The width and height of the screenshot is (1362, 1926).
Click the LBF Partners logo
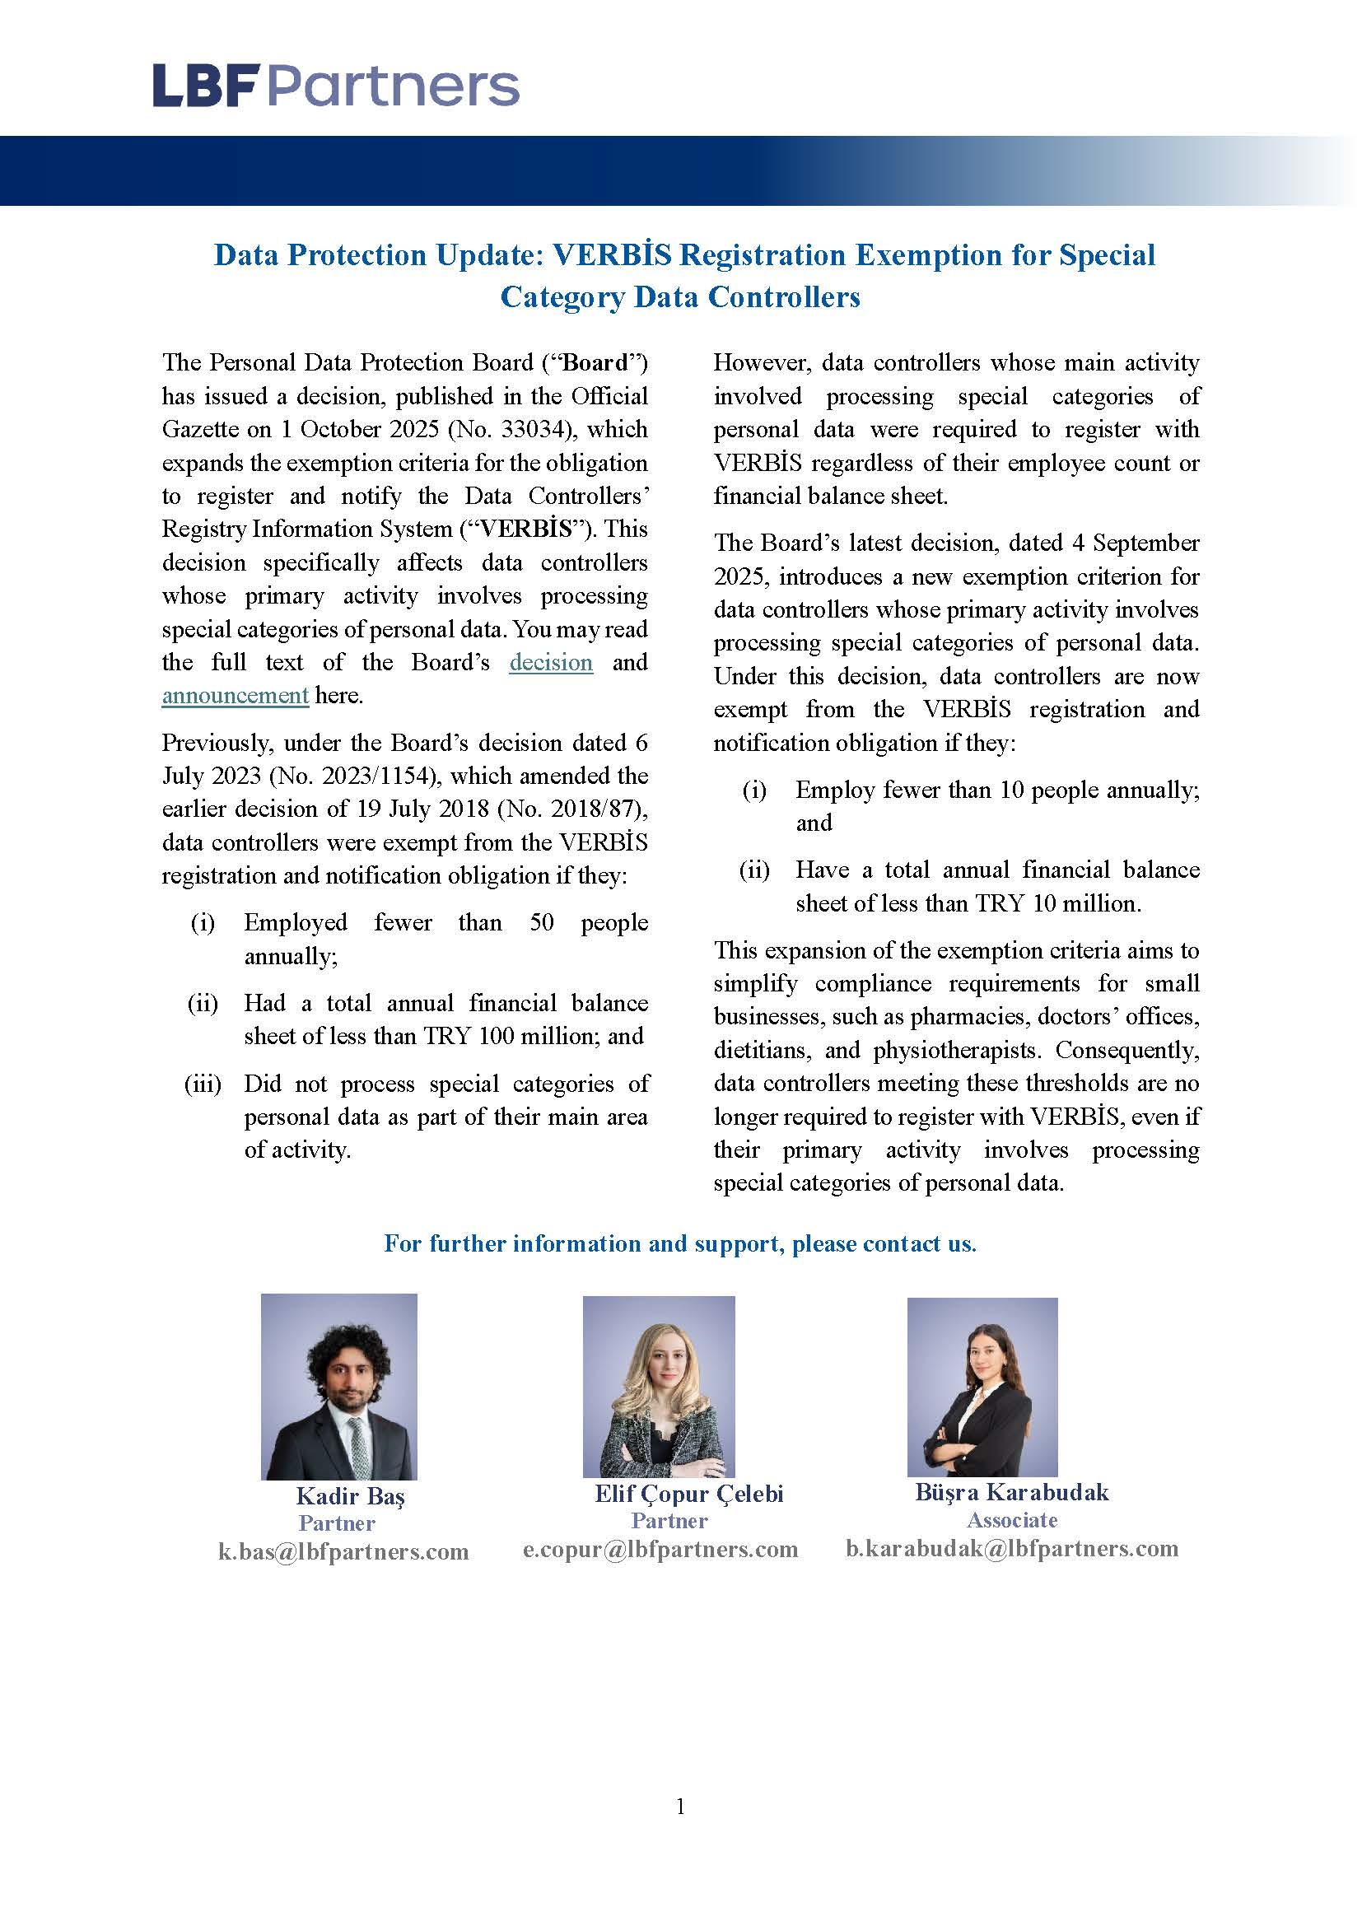click(335, 86)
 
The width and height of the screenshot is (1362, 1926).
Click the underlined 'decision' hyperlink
click(551, 663)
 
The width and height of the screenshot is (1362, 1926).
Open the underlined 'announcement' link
click(235, 697)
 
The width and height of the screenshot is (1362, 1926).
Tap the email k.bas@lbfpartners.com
click(343, 1552)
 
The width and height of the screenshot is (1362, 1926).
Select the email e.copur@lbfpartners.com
click(660, 1550)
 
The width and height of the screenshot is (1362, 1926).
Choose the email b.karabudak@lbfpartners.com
click(1011, 1549)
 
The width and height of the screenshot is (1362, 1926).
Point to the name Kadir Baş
click(350, 1495)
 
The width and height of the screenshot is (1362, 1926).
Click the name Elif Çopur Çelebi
click(688, 1493)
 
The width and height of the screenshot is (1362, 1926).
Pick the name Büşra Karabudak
click(1011, 1491)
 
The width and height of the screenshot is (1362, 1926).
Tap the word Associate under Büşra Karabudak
click(1011, 1520)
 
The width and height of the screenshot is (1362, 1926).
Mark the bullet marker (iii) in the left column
click(202, 1084)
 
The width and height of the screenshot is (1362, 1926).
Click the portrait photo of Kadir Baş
click(338, 1387)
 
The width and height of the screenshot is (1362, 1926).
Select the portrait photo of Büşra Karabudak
click(982, 1387)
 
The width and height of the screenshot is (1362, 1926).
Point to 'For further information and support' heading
click(679, 1243)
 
